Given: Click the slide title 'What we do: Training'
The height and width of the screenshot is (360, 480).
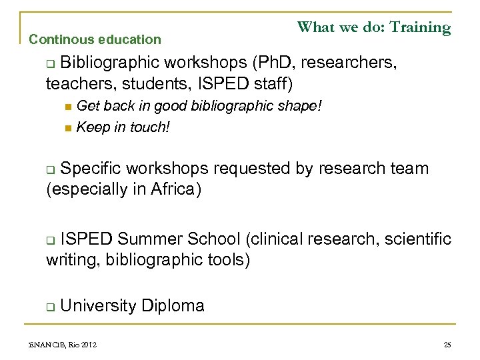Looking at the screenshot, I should point(373,27).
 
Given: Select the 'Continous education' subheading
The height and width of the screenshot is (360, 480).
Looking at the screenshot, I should point(95,39).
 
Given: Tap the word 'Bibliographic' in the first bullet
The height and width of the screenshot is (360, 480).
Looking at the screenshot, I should point(109,63).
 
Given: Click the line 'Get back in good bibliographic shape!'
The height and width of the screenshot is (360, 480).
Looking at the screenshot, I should point(199,106).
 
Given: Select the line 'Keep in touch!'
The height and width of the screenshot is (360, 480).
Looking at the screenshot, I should point(123,126).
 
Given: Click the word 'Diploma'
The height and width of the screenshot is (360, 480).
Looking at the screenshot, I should point(173,305).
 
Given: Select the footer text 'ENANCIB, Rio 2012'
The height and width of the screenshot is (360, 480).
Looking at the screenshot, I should point(63,345).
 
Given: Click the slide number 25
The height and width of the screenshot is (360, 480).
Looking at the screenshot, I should point(447,345).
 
